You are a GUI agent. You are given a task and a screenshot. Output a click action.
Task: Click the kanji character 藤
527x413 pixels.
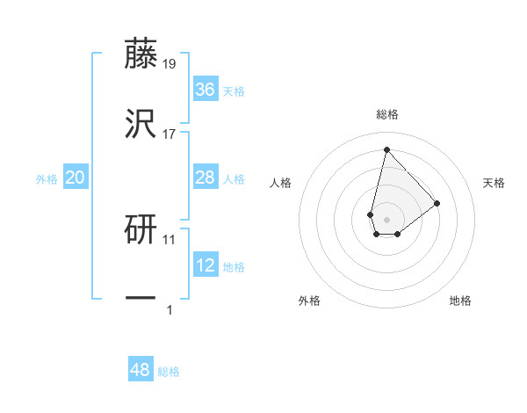141,54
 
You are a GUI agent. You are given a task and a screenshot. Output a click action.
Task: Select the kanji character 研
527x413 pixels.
141,230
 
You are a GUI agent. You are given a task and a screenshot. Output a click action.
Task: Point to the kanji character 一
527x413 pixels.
141,299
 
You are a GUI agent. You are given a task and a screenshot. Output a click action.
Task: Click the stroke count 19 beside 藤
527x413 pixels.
170,64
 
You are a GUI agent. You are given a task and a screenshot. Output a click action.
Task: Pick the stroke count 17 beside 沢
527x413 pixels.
170,134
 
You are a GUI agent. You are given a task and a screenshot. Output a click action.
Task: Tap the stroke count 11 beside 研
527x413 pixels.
170,239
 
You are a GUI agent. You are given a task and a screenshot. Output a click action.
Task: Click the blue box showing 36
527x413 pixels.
205,90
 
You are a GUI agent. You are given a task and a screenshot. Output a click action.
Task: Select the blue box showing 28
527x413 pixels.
205,178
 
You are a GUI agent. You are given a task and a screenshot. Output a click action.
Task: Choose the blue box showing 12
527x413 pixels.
205,266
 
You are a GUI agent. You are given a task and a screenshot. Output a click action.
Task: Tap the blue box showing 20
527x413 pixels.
76,178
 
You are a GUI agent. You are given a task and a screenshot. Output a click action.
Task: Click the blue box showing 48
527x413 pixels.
141,370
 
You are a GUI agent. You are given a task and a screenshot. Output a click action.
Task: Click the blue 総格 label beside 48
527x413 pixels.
169,372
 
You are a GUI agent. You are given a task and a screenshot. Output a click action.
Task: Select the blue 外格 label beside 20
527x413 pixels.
47,179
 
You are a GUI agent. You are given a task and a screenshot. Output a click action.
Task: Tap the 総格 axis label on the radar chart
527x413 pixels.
386,114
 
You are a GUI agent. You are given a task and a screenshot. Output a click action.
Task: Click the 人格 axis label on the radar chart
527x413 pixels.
281,183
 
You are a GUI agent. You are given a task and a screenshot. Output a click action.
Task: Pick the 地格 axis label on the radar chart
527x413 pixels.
460,301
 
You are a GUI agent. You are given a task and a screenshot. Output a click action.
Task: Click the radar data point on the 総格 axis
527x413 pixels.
386,149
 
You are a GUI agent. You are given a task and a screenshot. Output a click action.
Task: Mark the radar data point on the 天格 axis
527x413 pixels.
437,203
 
